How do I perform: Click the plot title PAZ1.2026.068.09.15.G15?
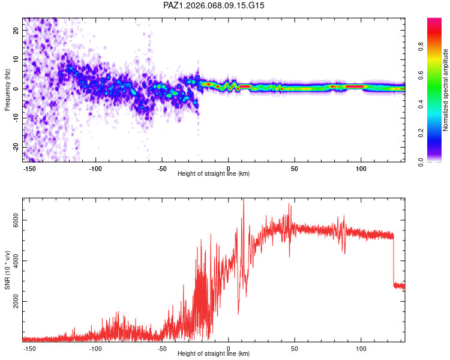[x=214, y=5]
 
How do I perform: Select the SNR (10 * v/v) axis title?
[x=8, y=269]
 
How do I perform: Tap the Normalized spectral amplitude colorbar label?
[x=446, y=90]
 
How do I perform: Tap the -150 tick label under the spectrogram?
[x=30, y=169]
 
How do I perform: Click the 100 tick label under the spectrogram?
[x=361, y=169]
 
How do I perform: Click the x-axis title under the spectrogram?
[x=214, y=174]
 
